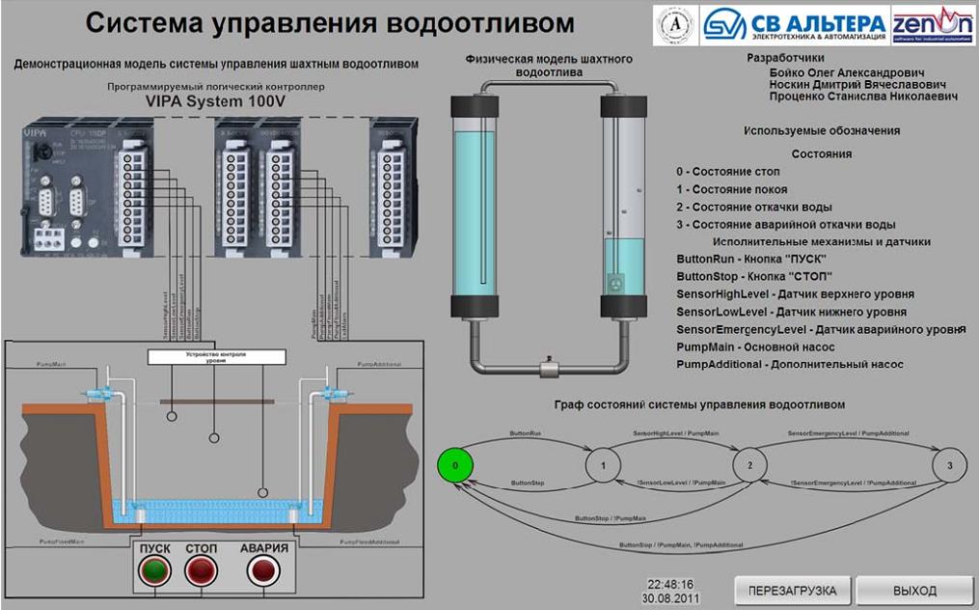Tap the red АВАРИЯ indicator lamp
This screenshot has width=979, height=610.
coord(262,570)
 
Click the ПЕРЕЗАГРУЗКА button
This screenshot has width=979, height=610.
coord(792,590)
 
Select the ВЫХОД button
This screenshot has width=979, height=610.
coord(913,590)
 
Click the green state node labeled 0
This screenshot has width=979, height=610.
coord(456,465)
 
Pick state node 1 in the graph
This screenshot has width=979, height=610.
coord(603,465)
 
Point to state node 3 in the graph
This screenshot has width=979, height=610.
coord(949,465)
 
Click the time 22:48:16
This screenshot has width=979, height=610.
coord(670,585)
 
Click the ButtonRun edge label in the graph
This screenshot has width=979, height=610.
coord(525,435)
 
